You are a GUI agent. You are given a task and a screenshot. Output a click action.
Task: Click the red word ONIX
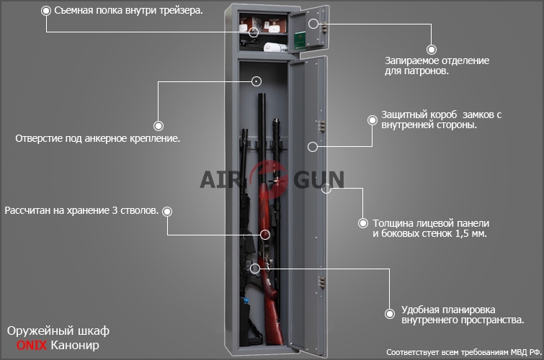click(x=32, y=345)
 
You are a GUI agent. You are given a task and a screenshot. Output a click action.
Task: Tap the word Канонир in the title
click(x=75, y=346)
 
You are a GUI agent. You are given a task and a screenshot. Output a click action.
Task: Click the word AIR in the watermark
click(x=220, y=179)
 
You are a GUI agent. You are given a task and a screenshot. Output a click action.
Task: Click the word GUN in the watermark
click(x=319, y=179)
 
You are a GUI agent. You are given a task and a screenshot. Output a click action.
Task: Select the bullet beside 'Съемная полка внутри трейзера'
click(x=46, y=11)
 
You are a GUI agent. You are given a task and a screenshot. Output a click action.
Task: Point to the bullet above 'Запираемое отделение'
click(x=432, y=50)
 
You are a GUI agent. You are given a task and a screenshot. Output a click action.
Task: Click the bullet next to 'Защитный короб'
click(x=373, y=120)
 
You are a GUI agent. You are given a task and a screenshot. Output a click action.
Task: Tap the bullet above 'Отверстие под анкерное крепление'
click(x=159, y=125)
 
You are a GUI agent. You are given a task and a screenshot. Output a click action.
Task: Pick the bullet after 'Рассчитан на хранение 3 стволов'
click(x=167, y=211)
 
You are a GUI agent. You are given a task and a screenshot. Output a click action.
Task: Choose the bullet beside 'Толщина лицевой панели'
click(x=363, y=223)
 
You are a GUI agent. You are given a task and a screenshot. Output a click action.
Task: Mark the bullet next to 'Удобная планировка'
click(x=390, y=313)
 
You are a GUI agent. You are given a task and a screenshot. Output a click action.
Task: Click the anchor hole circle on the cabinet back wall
click(x=257, y=81)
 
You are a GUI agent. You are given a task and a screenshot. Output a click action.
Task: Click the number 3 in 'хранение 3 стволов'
click(x=115, y=210)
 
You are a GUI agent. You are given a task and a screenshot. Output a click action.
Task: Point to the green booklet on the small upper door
click(x=300, y=40)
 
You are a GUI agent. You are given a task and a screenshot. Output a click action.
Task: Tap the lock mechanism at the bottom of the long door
click(x=322, y=282)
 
